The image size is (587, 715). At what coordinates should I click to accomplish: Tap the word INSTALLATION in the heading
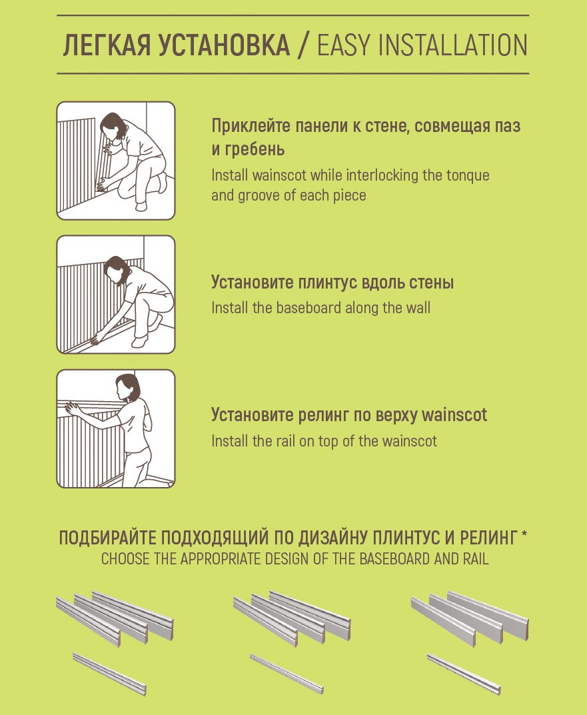coord(451,45)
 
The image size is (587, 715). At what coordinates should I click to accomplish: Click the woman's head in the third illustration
coord(127,386)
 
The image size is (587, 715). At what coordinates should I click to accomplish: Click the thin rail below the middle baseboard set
coord(287,674)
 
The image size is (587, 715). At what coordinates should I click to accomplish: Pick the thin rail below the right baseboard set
coord(464,674)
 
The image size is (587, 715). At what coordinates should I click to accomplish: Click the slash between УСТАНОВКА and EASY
coord(303,45)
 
